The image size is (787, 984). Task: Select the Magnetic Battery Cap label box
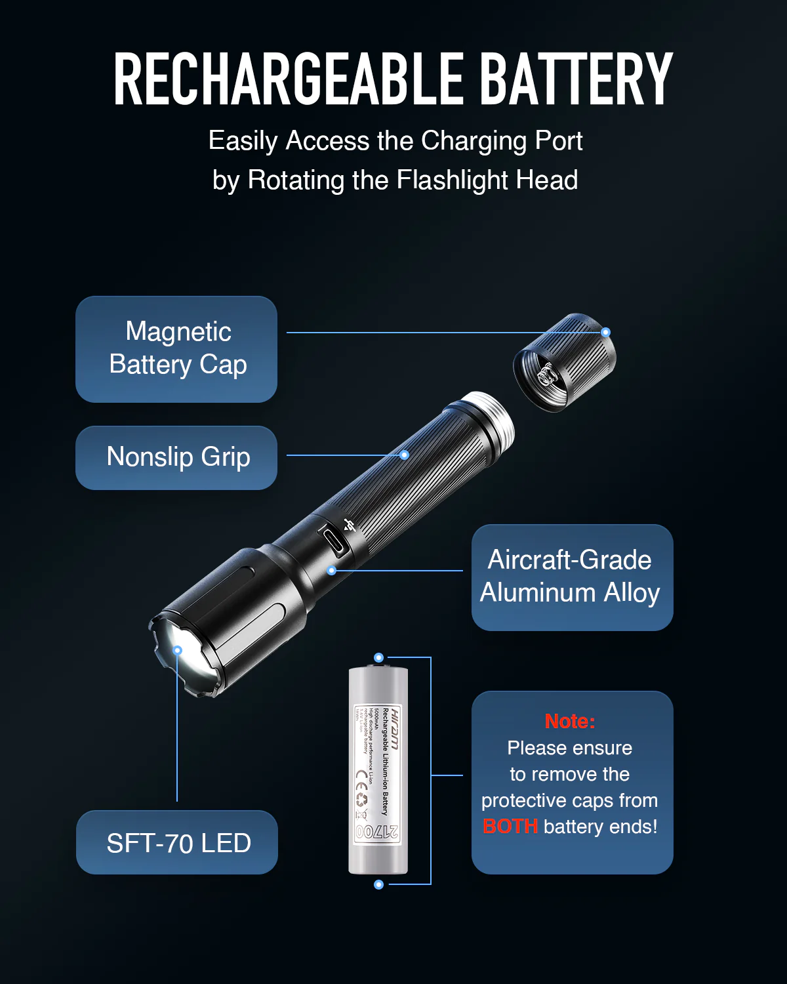coord(176,349)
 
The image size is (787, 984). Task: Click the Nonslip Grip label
coord(176,457)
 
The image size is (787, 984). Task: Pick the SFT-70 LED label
coord(177,843)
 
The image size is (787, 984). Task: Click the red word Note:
coord(569,721)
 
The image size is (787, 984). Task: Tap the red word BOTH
coord(510,827)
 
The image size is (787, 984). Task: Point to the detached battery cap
coord(564,362)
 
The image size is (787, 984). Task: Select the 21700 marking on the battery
coord(377,832)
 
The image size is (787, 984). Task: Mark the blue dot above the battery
coord(378,657)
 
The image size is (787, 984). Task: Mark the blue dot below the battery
coord(378,884)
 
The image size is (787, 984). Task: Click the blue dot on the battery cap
coord(606,333)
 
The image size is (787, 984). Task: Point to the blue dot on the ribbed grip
coord(405,455)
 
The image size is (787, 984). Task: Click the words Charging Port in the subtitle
coord(502,141)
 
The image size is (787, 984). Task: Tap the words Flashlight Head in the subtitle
coord(487,180)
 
